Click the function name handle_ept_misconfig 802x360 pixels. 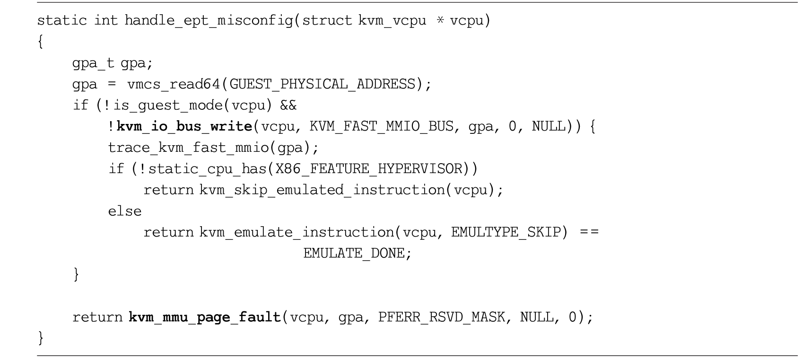[209, 20]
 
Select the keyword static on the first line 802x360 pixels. [62, 20]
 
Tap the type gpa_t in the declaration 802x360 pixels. [93, 63]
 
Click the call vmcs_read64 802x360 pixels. [174, 84]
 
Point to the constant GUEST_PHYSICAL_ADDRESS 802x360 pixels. [322, 84]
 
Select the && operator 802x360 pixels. [288, 105]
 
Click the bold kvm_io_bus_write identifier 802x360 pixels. [185, 126]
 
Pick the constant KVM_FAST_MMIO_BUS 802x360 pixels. [382, 126]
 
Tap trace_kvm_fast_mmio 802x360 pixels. [189, 148]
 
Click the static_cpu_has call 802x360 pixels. [208, 169]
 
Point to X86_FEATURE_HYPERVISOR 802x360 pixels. [369, 169]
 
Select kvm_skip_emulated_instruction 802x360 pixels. [323, 190]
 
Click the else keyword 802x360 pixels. [125, 211]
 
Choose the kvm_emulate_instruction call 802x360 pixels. [297, 232]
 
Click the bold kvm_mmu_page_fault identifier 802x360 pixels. [205, 317]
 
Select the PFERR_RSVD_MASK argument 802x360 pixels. [442, 317]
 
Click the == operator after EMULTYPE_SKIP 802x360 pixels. [589, 232]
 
